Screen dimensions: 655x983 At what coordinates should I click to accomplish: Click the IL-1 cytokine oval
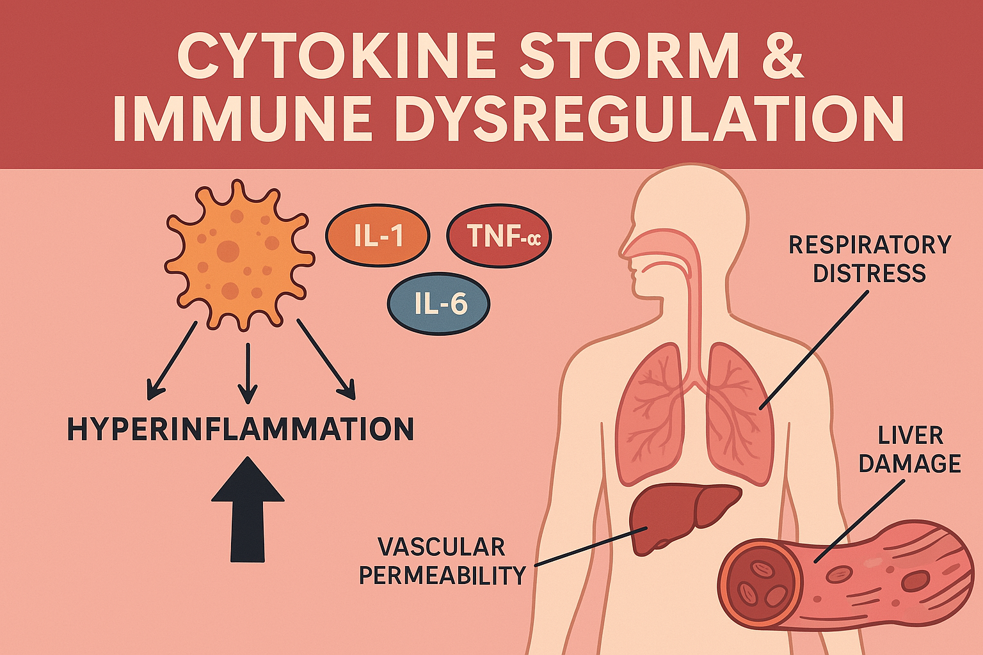[x=378, y=236]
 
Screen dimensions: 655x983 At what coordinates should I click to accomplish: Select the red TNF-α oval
[x=499, y=236]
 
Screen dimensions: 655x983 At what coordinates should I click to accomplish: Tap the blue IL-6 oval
[x=438, y=304]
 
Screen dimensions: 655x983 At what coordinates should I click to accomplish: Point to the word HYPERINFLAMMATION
[x=241, y=429]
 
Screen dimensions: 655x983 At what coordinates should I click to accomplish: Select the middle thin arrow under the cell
[x=247, y=373]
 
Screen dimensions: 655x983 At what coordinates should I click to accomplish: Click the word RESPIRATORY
[x=870, y=245]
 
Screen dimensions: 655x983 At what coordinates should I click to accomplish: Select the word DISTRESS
[x=870, y=274]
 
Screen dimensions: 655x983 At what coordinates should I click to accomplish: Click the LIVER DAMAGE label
[x=909, y=450]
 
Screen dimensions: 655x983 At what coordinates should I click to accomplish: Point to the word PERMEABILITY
[x=442, y=576]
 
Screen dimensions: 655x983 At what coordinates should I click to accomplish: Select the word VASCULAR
[x=442, y=548]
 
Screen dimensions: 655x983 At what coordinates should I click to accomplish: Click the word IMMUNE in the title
[x=243, y=120]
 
